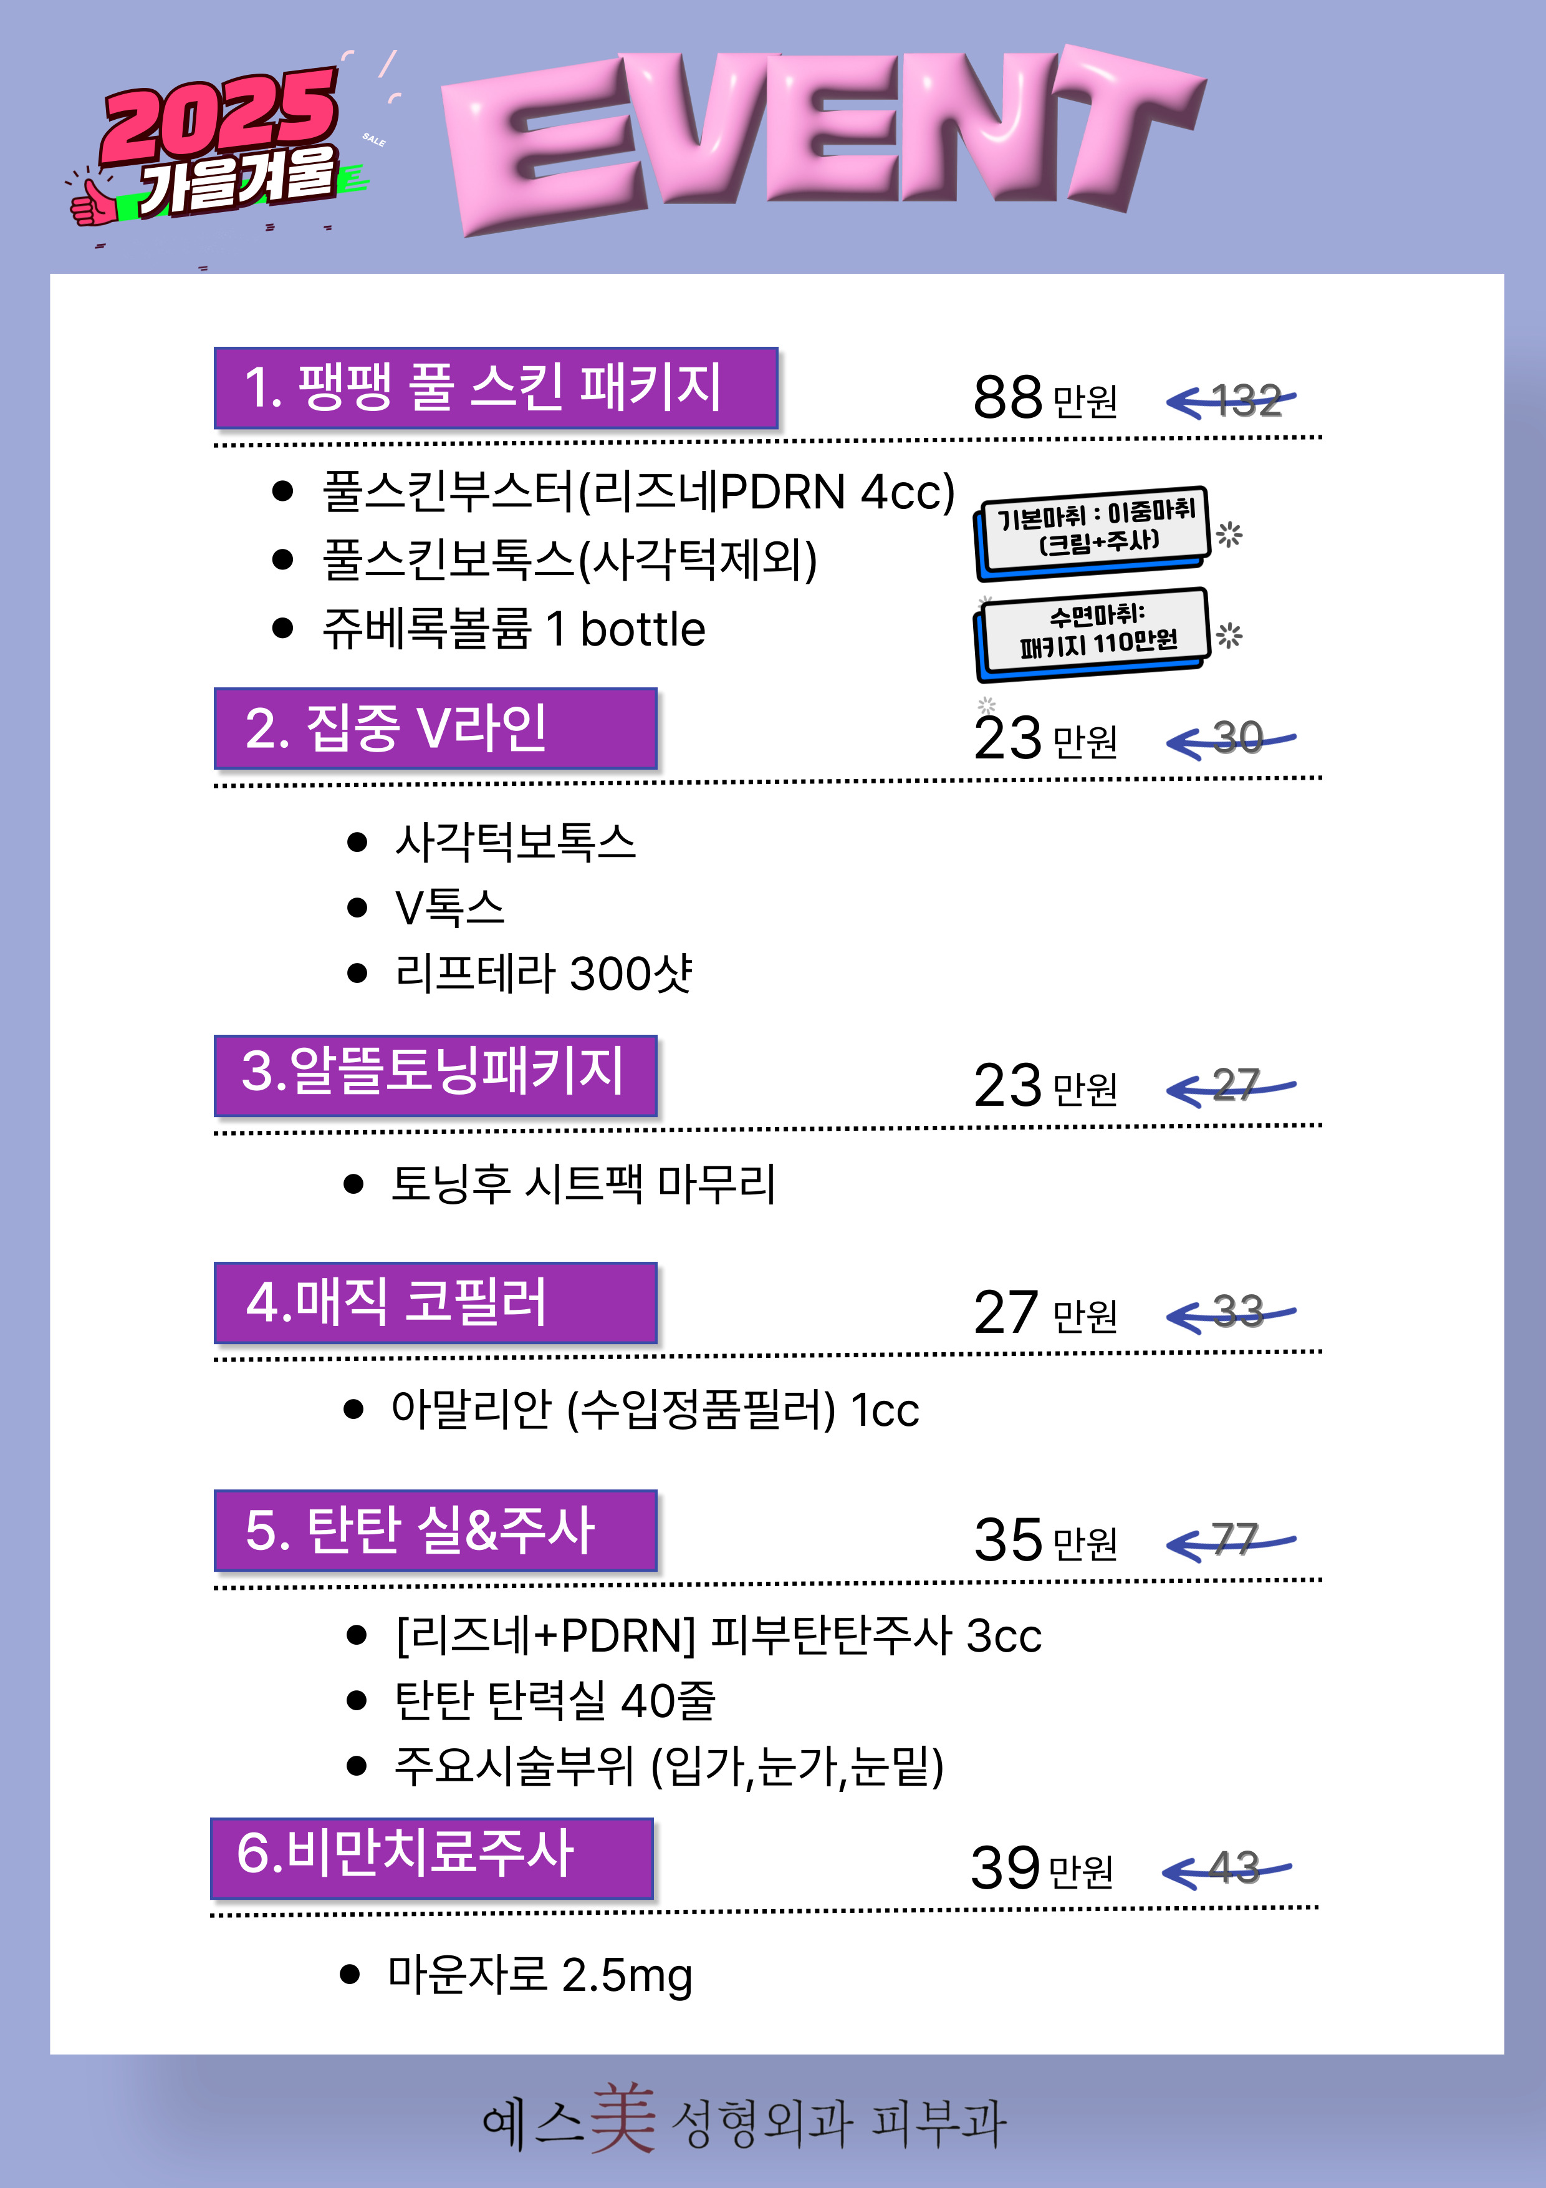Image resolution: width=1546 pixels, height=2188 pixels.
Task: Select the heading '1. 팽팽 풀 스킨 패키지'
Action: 496,388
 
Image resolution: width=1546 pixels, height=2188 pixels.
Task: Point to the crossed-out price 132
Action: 1246,400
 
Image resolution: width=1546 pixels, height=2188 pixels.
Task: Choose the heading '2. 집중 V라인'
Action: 435,728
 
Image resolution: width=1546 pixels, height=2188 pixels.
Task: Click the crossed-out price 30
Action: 1238,738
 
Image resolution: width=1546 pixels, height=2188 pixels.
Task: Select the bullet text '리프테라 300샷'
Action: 543,973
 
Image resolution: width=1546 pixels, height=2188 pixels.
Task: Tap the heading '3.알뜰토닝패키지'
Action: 435,1074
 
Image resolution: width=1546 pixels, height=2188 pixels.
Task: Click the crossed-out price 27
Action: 1236,1085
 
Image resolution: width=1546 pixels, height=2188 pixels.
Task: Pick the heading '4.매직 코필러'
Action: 435,1302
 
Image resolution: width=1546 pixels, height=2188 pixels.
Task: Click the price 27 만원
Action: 1045,1313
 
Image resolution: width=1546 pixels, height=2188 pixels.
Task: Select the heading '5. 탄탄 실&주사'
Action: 435,1529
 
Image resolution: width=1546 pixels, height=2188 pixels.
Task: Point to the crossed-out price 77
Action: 1236,1540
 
